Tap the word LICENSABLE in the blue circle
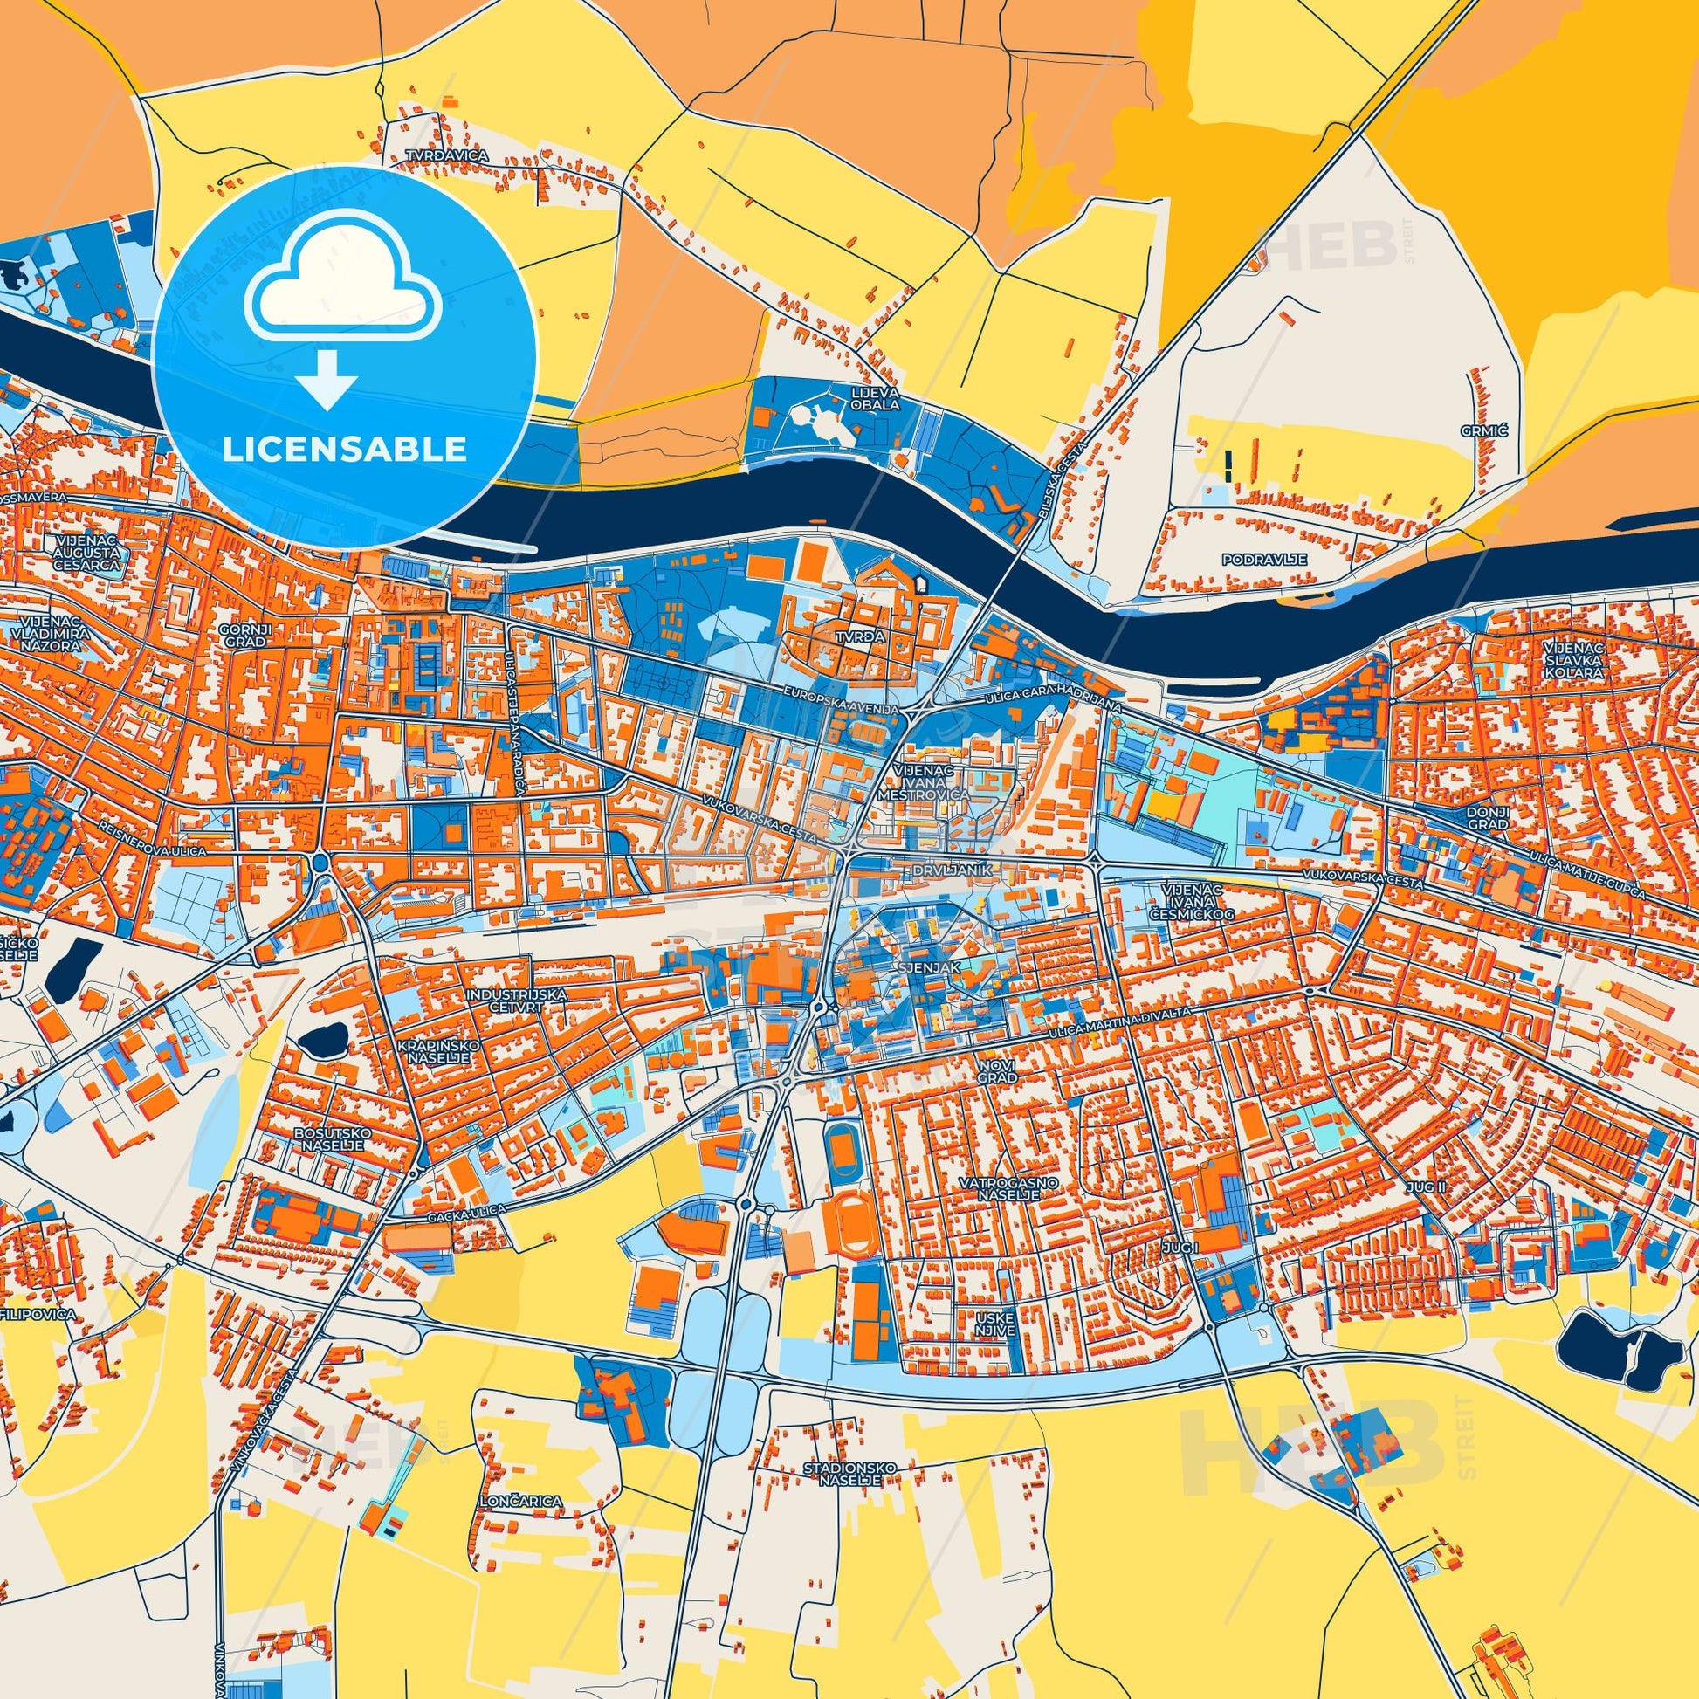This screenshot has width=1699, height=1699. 344,450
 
